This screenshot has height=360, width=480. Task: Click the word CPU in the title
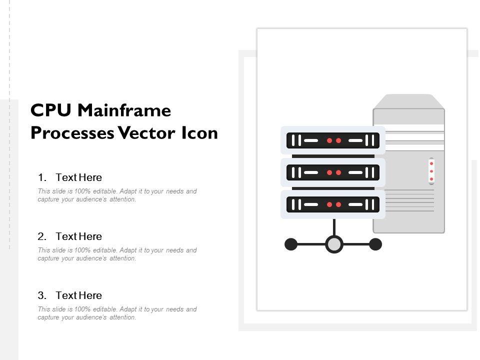[51, 110]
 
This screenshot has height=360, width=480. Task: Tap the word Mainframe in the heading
[124, 110]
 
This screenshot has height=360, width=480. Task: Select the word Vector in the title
[147, 133]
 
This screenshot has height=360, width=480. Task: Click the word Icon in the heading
[199, 133]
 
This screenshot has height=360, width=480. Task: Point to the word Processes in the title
[72, 133]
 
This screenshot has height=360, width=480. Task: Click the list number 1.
[42, 177]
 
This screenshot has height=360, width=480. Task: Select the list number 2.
[42, 236]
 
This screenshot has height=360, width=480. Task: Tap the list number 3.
[42, 295]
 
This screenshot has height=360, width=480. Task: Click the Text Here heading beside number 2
[78, 236]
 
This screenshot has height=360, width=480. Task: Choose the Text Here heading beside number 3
[78, 295]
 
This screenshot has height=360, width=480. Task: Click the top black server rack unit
[333, 140]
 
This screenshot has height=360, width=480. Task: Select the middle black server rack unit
[333, 172]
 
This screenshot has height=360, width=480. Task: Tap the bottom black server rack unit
[333, 204]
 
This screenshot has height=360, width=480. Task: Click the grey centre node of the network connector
[334, 244]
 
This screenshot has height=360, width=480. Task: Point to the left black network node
[291, 244]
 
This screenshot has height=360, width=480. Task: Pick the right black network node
[375, 244]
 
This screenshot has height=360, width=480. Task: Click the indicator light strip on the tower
[431, 171]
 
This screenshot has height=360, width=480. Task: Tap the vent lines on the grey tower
[409, 200]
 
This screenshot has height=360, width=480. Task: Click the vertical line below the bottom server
[334, 227]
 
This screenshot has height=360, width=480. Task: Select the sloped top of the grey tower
[408, 101]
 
